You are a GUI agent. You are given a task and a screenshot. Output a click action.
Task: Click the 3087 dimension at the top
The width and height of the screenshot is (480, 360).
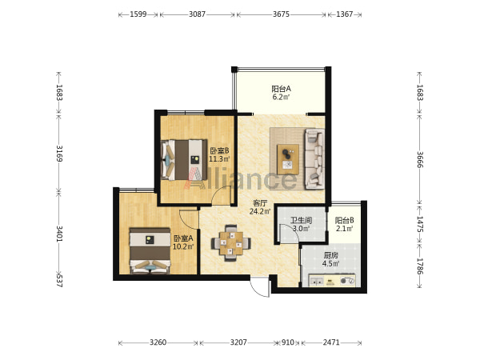click(197, 14)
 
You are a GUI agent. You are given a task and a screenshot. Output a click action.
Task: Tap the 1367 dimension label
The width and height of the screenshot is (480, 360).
click(344, 14)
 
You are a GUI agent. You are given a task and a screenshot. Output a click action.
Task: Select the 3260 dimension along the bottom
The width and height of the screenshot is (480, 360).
click(158, 342)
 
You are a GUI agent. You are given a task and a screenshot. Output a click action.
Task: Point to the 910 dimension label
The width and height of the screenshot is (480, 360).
click(288, 342)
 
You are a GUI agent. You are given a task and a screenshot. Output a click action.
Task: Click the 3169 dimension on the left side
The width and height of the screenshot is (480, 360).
click(59, 154)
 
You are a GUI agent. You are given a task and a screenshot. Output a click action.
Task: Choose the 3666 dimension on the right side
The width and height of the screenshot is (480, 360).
click(420, 159)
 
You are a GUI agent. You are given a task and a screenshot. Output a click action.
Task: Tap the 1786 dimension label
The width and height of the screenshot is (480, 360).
click(420, 266)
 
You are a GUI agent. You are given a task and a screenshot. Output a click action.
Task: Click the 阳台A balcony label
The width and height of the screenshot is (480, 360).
click(281, 89)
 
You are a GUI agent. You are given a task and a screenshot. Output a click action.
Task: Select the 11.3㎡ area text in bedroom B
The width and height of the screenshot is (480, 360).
click(219, 159)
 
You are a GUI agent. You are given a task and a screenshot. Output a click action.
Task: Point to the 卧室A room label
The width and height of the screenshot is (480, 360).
click(183, 238)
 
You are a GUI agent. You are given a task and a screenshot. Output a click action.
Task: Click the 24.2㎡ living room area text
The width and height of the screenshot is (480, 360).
click(260, 211)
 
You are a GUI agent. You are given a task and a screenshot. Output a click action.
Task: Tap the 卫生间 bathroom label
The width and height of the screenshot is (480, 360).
click(302, 220)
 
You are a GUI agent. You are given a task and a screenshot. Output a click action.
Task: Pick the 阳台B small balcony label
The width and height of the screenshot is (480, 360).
click(344, 220)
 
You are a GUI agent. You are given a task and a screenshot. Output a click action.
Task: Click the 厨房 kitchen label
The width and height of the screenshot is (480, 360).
click(330, 255)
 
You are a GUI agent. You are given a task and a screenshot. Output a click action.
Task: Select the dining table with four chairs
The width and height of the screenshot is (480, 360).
click(231, 243)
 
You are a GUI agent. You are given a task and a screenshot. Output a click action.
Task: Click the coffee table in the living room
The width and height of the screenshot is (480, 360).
click(288, 159)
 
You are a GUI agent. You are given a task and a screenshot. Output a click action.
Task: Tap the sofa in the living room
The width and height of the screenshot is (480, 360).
click(314, 159)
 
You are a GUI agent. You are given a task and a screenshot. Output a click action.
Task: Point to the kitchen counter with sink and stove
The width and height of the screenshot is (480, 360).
click(332, 281)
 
